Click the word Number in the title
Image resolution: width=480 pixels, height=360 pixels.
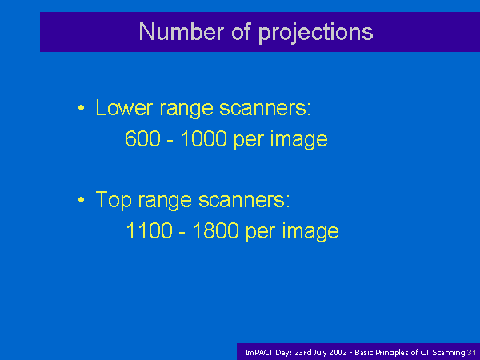coord(182,31)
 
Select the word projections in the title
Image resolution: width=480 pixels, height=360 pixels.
coord(316,34)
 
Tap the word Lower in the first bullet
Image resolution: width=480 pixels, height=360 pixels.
coord(124,107)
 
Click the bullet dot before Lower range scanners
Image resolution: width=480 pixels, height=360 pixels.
coord(81,108)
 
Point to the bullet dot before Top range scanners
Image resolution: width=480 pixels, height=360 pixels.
coord(81,200)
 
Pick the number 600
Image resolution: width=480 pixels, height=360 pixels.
coord(142,138)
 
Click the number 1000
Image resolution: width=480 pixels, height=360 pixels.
coord(203,138)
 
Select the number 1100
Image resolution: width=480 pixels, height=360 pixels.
coord(149,230)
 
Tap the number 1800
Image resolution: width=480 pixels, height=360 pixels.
coord(215,230)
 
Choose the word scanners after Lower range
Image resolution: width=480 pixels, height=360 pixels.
coord(265,108)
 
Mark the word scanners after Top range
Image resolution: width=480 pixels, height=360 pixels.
coord(244,200)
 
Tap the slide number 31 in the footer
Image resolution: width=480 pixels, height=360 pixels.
coord(472,353)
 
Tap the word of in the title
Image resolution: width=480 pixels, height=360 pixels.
coord(242,31)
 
